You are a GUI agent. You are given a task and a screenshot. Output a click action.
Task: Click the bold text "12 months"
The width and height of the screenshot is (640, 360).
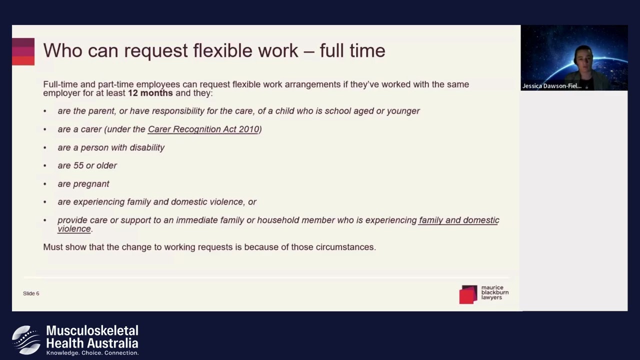point(150,93)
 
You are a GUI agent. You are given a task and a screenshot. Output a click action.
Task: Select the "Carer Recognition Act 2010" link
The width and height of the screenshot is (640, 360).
point(203,129)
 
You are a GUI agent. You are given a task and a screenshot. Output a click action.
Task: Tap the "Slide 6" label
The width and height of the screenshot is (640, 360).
point(31,293)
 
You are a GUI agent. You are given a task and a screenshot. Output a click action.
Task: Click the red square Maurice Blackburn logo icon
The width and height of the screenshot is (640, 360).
point(468,294)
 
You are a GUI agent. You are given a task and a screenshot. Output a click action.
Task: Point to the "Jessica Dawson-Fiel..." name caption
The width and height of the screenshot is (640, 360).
point(552,86)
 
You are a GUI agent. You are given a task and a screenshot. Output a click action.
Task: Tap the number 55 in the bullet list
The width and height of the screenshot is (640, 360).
point(78,165)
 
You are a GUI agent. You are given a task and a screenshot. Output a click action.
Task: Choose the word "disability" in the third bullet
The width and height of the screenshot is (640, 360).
point(147,147)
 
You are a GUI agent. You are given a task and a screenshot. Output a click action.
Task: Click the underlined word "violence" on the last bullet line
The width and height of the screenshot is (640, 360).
point(74,229)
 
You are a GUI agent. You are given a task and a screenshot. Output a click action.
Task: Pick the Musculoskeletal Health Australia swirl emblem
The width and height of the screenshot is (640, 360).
point(26,339)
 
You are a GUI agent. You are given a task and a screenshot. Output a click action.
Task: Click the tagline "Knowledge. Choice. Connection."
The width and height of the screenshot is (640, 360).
point(92,353)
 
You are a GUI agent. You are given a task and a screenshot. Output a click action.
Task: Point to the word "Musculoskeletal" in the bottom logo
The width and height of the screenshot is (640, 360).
point(92,330)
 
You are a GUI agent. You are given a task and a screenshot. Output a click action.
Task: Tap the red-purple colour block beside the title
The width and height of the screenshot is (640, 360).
point(23,51)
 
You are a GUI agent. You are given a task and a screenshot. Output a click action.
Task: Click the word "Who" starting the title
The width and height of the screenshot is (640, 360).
point(63,50)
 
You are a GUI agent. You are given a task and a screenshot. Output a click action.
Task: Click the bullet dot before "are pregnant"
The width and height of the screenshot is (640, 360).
point(45,184)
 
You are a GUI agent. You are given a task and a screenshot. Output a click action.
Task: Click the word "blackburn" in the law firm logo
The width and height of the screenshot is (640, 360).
point(495,292)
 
